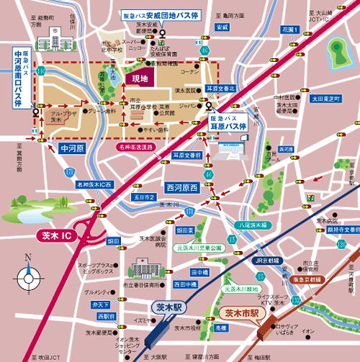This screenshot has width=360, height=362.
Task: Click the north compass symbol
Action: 28,274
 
